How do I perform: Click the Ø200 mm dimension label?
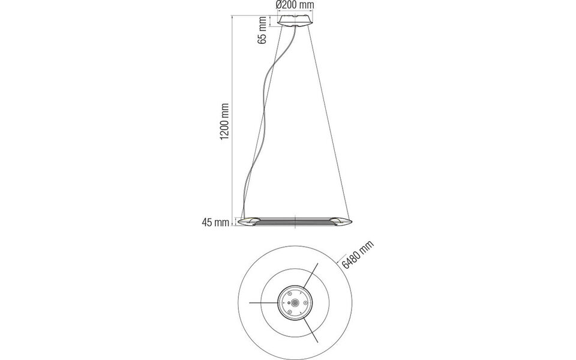pyautogui.click(x=295, y=5)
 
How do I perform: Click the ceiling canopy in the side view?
pyautogui.click(x=295, y=22)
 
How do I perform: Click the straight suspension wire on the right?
pyautogui.click(x=327, y=120)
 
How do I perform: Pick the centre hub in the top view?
pyautogui.click(x=295, y=303)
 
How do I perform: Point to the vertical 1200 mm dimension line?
pyautogui.click(x=233, y=120)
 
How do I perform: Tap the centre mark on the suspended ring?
pyautogui.click(x=295, y=222)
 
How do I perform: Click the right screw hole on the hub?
pyautogui.click(x=304, y=303)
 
